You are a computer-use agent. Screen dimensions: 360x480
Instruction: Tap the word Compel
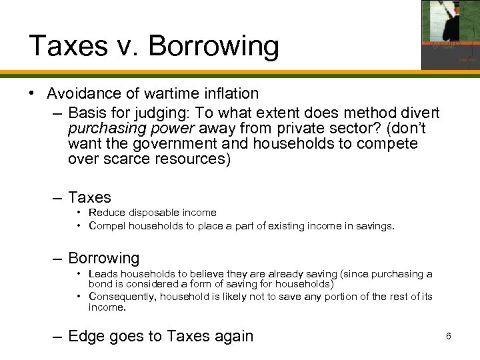tap(108, 226)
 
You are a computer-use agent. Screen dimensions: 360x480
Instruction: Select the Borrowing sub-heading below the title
tap(103, 258)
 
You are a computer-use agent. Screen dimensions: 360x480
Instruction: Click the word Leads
tap(103, 274)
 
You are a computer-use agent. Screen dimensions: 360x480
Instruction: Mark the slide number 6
tap(449, 336)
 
